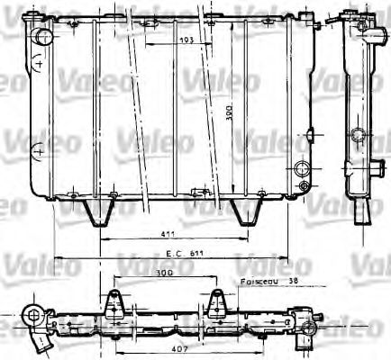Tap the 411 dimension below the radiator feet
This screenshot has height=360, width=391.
[168, 232]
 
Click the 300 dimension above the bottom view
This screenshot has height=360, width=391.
[163, 271]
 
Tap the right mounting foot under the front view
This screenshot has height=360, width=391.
[244, 211]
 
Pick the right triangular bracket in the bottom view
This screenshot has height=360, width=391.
[216, 304]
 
